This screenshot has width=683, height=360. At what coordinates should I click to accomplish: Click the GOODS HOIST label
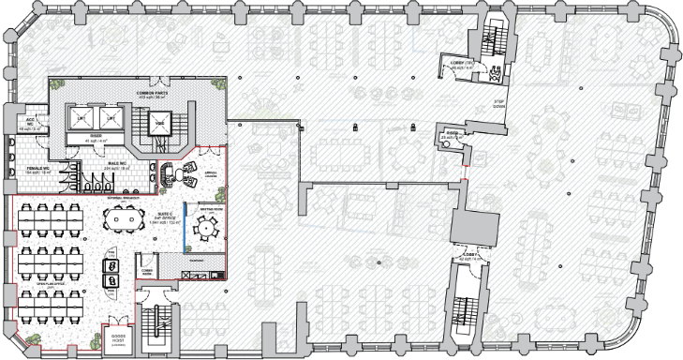pos(119,337)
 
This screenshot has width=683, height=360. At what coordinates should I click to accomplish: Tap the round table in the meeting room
pos(204,227)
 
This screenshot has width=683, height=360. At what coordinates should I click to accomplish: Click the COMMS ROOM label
pos(146,271)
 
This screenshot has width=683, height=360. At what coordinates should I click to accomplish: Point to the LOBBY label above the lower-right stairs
pos(468,255)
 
